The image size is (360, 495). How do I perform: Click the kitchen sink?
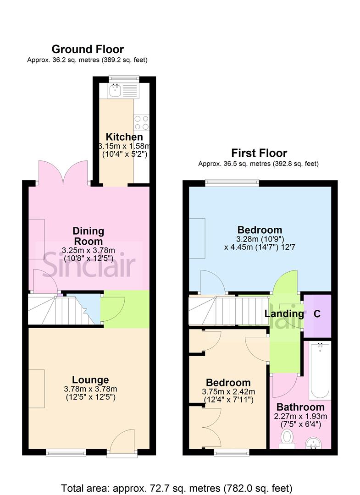115,91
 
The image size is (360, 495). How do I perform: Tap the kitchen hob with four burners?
141,122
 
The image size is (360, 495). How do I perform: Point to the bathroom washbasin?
315,443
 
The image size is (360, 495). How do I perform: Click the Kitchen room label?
124,137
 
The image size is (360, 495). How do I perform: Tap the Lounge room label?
90,379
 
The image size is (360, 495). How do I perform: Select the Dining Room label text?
89,236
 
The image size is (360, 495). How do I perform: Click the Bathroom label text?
300,407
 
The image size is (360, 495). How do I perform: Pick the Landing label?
284,313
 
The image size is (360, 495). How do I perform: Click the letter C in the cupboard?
316,314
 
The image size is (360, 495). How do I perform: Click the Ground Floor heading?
88,49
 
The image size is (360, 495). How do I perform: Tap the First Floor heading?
259,153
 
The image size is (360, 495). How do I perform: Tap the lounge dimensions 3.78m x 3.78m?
90,389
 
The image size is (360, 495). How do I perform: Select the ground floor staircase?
60,310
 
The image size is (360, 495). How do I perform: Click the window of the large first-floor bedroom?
232,183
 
